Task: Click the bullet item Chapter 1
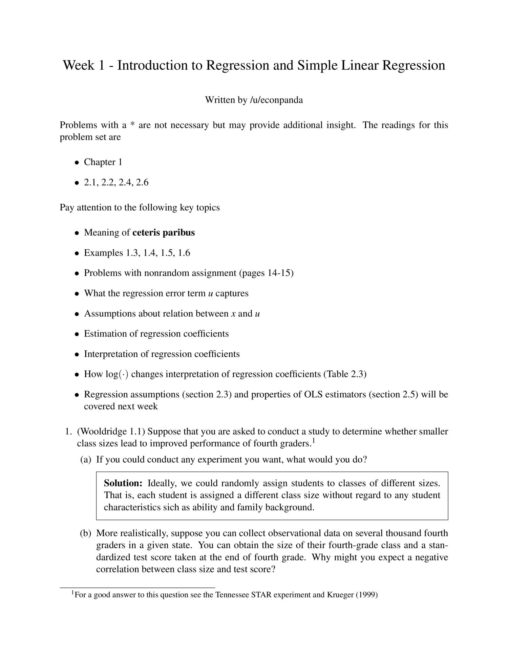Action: tap(103, 162)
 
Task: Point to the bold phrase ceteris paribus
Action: tap(164, 233)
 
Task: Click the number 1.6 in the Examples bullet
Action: tap(184, 253)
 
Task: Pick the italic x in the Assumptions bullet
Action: tap(233, 314)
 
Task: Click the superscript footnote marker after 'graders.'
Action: tap(314, 440)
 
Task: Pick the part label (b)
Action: tap(86, 533)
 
